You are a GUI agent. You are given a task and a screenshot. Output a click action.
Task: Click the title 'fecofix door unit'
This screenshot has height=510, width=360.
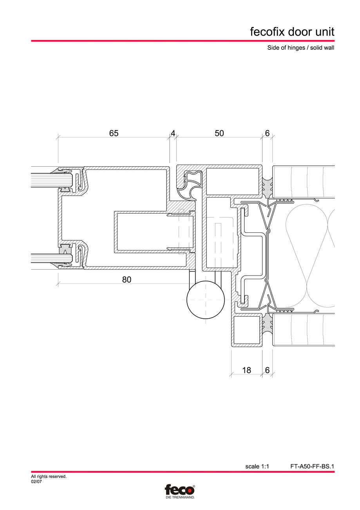292,32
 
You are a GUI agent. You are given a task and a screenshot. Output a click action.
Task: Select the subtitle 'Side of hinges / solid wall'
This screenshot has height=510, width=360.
298,48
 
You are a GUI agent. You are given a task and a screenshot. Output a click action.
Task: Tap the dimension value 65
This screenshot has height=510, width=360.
114,133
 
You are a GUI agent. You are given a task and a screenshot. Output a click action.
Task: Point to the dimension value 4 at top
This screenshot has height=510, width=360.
173,133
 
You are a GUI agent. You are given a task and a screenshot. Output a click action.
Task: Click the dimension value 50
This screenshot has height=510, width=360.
219,133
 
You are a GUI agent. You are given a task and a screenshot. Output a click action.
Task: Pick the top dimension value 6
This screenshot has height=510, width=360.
267,133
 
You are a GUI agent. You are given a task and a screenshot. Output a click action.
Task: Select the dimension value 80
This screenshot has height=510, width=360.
127,280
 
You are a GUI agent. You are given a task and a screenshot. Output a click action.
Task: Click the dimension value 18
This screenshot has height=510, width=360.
247,370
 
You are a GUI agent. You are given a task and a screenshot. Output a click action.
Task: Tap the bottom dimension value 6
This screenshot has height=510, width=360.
267,370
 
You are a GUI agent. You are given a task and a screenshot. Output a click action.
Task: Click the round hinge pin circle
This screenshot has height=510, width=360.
206,300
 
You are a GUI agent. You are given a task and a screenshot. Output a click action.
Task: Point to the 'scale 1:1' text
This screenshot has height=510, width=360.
257,466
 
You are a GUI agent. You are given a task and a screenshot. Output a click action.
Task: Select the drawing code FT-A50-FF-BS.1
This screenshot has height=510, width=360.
312,466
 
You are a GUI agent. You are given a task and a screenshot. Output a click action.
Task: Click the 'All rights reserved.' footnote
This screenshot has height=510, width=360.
49,477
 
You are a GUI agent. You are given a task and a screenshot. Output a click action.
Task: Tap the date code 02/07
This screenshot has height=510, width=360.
36,482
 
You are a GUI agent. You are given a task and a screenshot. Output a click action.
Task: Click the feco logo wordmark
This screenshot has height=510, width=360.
179,490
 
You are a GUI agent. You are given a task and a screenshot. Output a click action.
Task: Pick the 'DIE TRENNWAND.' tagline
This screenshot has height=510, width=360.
179,497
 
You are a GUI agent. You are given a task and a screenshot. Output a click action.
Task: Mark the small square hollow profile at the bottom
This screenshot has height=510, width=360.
247,329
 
